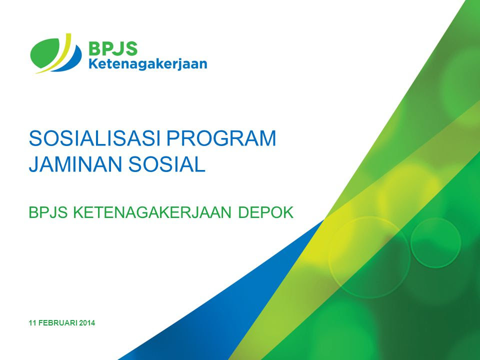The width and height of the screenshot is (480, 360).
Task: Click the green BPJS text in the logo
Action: [x=112, y=48]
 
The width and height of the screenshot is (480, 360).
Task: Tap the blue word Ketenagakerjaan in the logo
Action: [x=147, y=64]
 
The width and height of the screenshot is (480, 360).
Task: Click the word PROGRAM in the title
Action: [x=221, y=138]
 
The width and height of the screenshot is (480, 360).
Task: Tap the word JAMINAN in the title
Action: [x=76, y=164]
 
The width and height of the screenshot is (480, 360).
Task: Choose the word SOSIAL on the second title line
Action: [x=167, y=164]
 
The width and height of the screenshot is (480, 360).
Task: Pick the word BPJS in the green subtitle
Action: [x=48, y=212]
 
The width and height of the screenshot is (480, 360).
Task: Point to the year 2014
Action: [x=87, y=323]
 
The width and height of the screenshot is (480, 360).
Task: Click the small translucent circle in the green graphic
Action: [x=435, y=243]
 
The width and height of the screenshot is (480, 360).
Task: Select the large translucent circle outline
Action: [x=329, y=257]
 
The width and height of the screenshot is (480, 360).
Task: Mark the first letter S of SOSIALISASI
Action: [x=35, y=138]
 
